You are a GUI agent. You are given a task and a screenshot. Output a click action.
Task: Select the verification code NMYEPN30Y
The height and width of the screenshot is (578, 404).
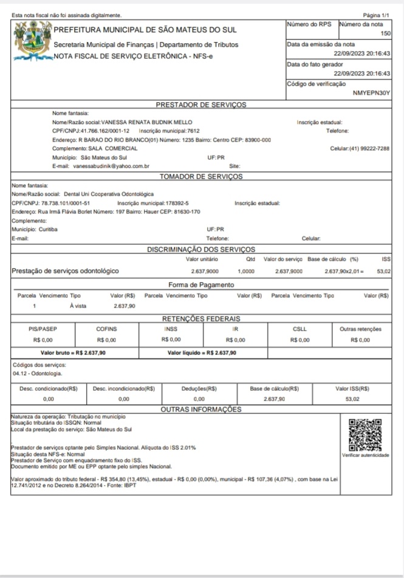(371, 94)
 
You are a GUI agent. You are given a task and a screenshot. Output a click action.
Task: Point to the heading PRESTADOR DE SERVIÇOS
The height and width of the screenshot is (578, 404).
(200, 105)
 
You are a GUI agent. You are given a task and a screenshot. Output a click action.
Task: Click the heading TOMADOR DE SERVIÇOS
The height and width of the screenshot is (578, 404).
(200, 176)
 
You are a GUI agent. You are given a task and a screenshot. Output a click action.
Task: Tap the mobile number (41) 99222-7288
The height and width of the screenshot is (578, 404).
(370, 148)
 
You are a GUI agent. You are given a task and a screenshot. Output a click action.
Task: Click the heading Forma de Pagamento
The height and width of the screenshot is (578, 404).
(200, 284)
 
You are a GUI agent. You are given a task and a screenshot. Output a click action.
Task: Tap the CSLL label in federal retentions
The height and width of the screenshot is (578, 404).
(300, 329)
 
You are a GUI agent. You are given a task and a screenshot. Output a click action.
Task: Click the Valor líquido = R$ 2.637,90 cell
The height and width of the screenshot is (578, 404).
(202, 352)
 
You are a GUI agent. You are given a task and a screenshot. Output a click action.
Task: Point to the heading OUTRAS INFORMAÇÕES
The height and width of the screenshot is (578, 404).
(200, 410)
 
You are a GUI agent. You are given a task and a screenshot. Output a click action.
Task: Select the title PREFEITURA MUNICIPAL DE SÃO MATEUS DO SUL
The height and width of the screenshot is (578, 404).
(145, 30)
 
